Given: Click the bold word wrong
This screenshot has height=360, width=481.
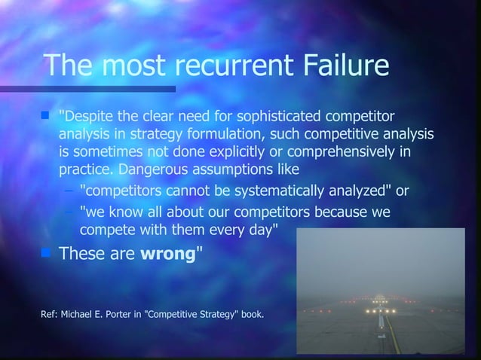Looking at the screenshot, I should coord(168,253).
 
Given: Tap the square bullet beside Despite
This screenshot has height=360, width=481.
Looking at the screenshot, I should coord(45,116).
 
